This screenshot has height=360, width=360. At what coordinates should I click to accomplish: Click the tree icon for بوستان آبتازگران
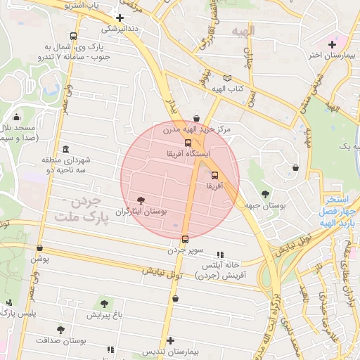click(x=141, y=200)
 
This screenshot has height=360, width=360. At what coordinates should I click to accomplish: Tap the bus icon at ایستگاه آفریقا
click(x=187, y=143)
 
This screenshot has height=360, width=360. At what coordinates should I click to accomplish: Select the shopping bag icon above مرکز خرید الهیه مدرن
click(x=195, y=117)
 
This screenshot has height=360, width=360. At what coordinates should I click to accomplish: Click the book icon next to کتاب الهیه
click(x=226, y=78)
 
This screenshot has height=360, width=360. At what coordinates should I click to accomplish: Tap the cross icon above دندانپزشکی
click(x=120, y=18)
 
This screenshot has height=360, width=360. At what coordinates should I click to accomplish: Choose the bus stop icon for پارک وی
click(x=74, y=36)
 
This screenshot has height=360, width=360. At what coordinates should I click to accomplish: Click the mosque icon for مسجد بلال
click(x=16, y=117)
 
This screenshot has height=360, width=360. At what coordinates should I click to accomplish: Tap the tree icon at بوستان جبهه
click(x=265, y=193)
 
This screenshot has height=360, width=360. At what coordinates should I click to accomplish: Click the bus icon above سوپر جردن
click(x=185, y=239)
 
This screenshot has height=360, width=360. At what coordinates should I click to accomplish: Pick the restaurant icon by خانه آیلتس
click(x=220, y=255)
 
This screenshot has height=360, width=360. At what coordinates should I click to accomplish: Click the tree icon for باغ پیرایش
click(x=105, y=304)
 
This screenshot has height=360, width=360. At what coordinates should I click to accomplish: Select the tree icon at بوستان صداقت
click(x=61, y=328)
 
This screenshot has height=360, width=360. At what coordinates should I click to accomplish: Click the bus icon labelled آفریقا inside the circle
click(x=214, y=175)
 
